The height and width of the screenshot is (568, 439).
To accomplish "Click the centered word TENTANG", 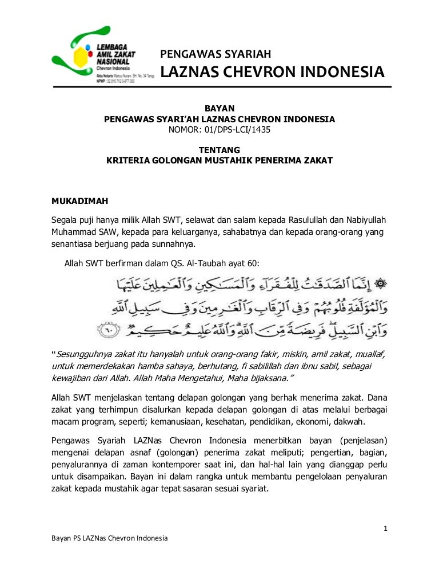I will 219,150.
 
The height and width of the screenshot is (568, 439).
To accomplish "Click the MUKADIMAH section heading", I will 79,201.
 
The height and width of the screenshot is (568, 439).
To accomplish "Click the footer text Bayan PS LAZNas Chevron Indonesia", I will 110,539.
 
